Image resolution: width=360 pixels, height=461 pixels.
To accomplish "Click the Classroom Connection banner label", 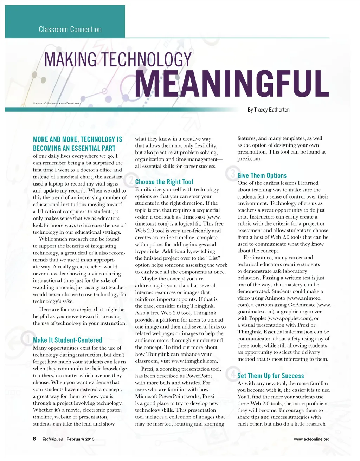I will pos(70,30).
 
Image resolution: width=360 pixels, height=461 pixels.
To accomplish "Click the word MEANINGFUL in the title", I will pos(232,84).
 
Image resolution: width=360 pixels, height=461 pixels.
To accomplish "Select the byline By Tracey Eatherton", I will pos(269,110).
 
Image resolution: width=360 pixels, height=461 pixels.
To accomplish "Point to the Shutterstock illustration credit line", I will pos(57,104).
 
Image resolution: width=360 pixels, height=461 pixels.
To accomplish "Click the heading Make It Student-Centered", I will pos(67,340).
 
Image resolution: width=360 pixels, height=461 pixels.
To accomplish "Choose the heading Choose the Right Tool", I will pos(164,182).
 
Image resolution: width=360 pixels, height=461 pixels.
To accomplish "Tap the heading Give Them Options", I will pos(262,175).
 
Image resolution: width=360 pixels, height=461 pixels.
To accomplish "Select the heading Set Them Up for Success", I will pos(270,376).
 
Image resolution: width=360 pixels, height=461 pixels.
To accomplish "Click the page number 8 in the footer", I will pos(34,439).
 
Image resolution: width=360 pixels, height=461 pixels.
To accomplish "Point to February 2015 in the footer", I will pos(81,439).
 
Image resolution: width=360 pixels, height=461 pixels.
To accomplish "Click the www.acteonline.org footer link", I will pos(311,439).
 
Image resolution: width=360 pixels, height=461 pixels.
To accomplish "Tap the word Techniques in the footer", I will pos(52,439).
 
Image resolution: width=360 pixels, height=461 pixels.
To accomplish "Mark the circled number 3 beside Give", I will pos(232,174).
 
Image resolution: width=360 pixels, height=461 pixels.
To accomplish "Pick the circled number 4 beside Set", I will pos(232,374).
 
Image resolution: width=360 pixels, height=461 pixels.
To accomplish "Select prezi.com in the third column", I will pos(249,159).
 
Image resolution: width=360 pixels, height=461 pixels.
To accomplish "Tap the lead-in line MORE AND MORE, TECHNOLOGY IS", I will pos(78,139).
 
